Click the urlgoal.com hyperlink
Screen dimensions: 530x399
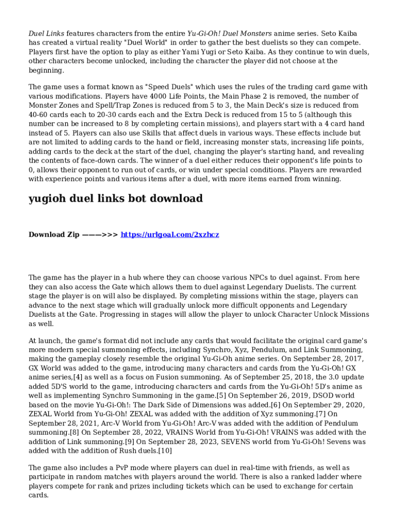(x=170, y=234)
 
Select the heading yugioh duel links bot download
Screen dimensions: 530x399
(x=116, y=198)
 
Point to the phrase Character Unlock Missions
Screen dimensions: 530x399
(x=324, y=314)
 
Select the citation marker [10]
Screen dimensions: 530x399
(x=164, y=451)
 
